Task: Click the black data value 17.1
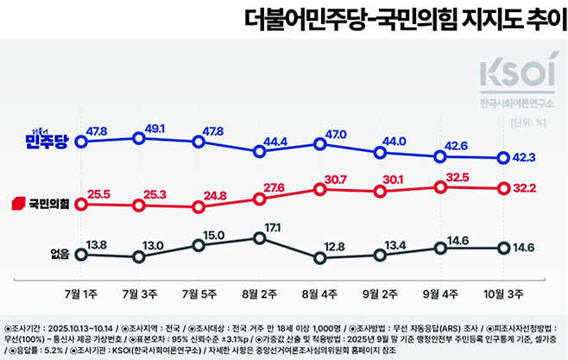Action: click(x=273, y=225)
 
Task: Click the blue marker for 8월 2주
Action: click(x=260, y=152)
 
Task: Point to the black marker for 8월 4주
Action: click(x=320, y=257)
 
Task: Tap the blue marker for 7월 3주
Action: click(x=139, y=137)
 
